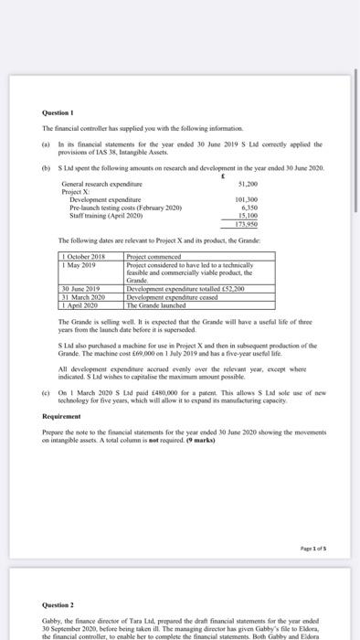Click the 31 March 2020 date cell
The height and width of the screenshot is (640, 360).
click(x=79, y=295)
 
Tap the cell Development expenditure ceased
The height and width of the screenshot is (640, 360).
click(x=172, y=295)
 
